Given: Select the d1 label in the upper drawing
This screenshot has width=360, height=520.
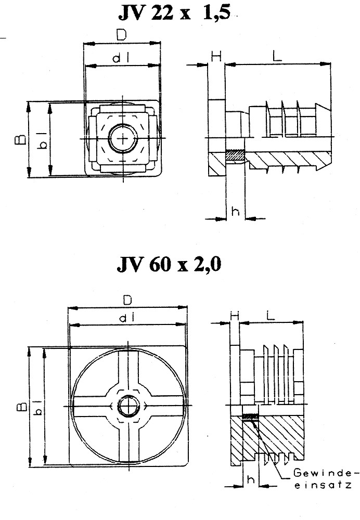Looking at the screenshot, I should pyautogui.click(x=121, y=59).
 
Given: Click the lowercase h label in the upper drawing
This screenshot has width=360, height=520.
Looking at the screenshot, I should pyautogui.click(x=235, y=211).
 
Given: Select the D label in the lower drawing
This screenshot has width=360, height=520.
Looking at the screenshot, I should pyautogui.click(x=126, y=300).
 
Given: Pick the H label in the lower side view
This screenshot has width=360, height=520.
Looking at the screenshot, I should pyautogui.click(x=234, y=316).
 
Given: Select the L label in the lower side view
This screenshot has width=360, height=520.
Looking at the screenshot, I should pyautogui.click(x=271, y=315).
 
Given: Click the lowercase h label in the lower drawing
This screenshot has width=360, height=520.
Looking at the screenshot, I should pyautogui.click(x=250, y=478).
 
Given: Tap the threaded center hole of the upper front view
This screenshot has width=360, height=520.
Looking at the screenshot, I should pyautogui.click(x=122, y=139).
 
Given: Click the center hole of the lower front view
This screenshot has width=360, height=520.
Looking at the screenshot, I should pyautogui.click(x=127, y=405).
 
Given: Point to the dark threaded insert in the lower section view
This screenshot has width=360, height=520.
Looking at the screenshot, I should pyautogui.click(x=251, y=416).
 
